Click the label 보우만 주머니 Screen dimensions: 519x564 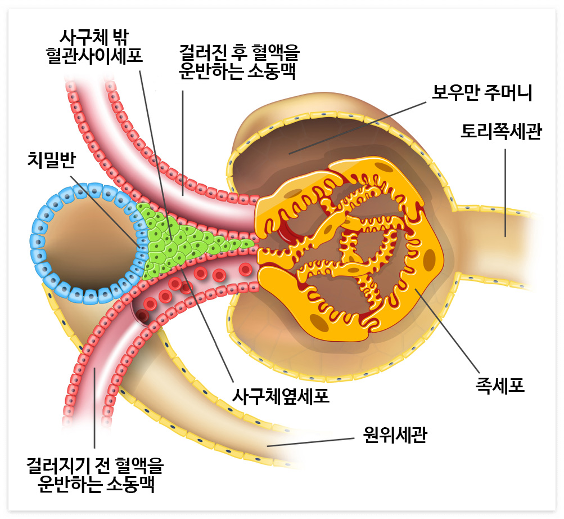(481, 92)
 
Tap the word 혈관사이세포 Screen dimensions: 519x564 (94, 57)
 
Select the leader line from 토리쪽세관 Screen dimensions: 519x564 (505, 191)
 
